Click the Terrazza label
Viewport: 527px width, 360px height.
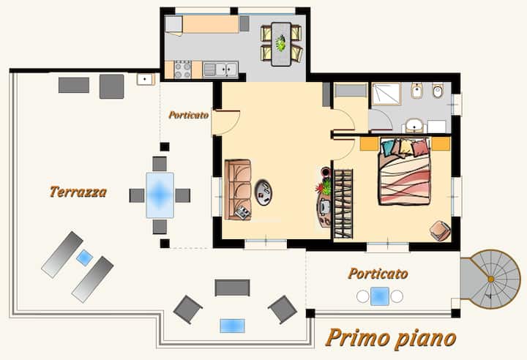(78, 192)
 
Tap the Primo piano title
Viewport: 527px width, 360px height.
(391, 338)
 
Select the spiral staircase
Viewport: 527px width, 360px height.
(490, 279)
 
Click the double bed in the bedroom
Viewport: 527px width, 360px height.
(405, 171)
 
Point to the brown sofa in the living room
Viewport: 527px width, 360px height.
(238, 190)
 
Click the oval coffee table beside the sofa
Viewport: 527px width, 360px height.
(263, 192)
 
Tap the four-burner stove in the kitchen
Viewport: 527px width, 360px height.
(183, 70)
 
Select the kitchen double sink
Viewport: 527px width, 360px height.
(220, 70)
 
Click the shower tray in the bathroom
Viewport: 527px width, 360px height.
(386, 94)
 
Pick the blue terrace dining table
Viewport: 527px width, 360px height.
(160, 195)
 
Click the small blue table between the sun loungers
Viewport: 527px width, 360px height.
(85, 258)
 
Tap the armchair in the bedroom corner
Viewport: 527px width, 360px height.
(441, 230)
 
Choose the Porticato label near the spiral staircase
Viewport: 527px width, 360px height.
(378, 274)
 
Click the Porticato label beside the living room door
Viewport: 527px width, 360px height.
(189, 115)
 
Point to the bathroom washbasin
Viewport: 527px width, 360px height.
(414, 125)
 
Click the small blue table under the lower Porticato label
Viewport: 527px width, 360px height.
(380, 296)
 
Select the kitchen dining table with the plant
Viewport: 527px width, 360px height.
(281, 44)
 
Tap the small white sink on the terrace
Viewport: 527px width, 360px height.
(145, 79)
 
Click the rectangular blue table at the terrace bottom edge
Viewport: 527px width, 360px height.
(232, 326)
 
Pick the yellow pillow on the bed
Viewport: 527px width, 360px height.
(406, 146)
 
